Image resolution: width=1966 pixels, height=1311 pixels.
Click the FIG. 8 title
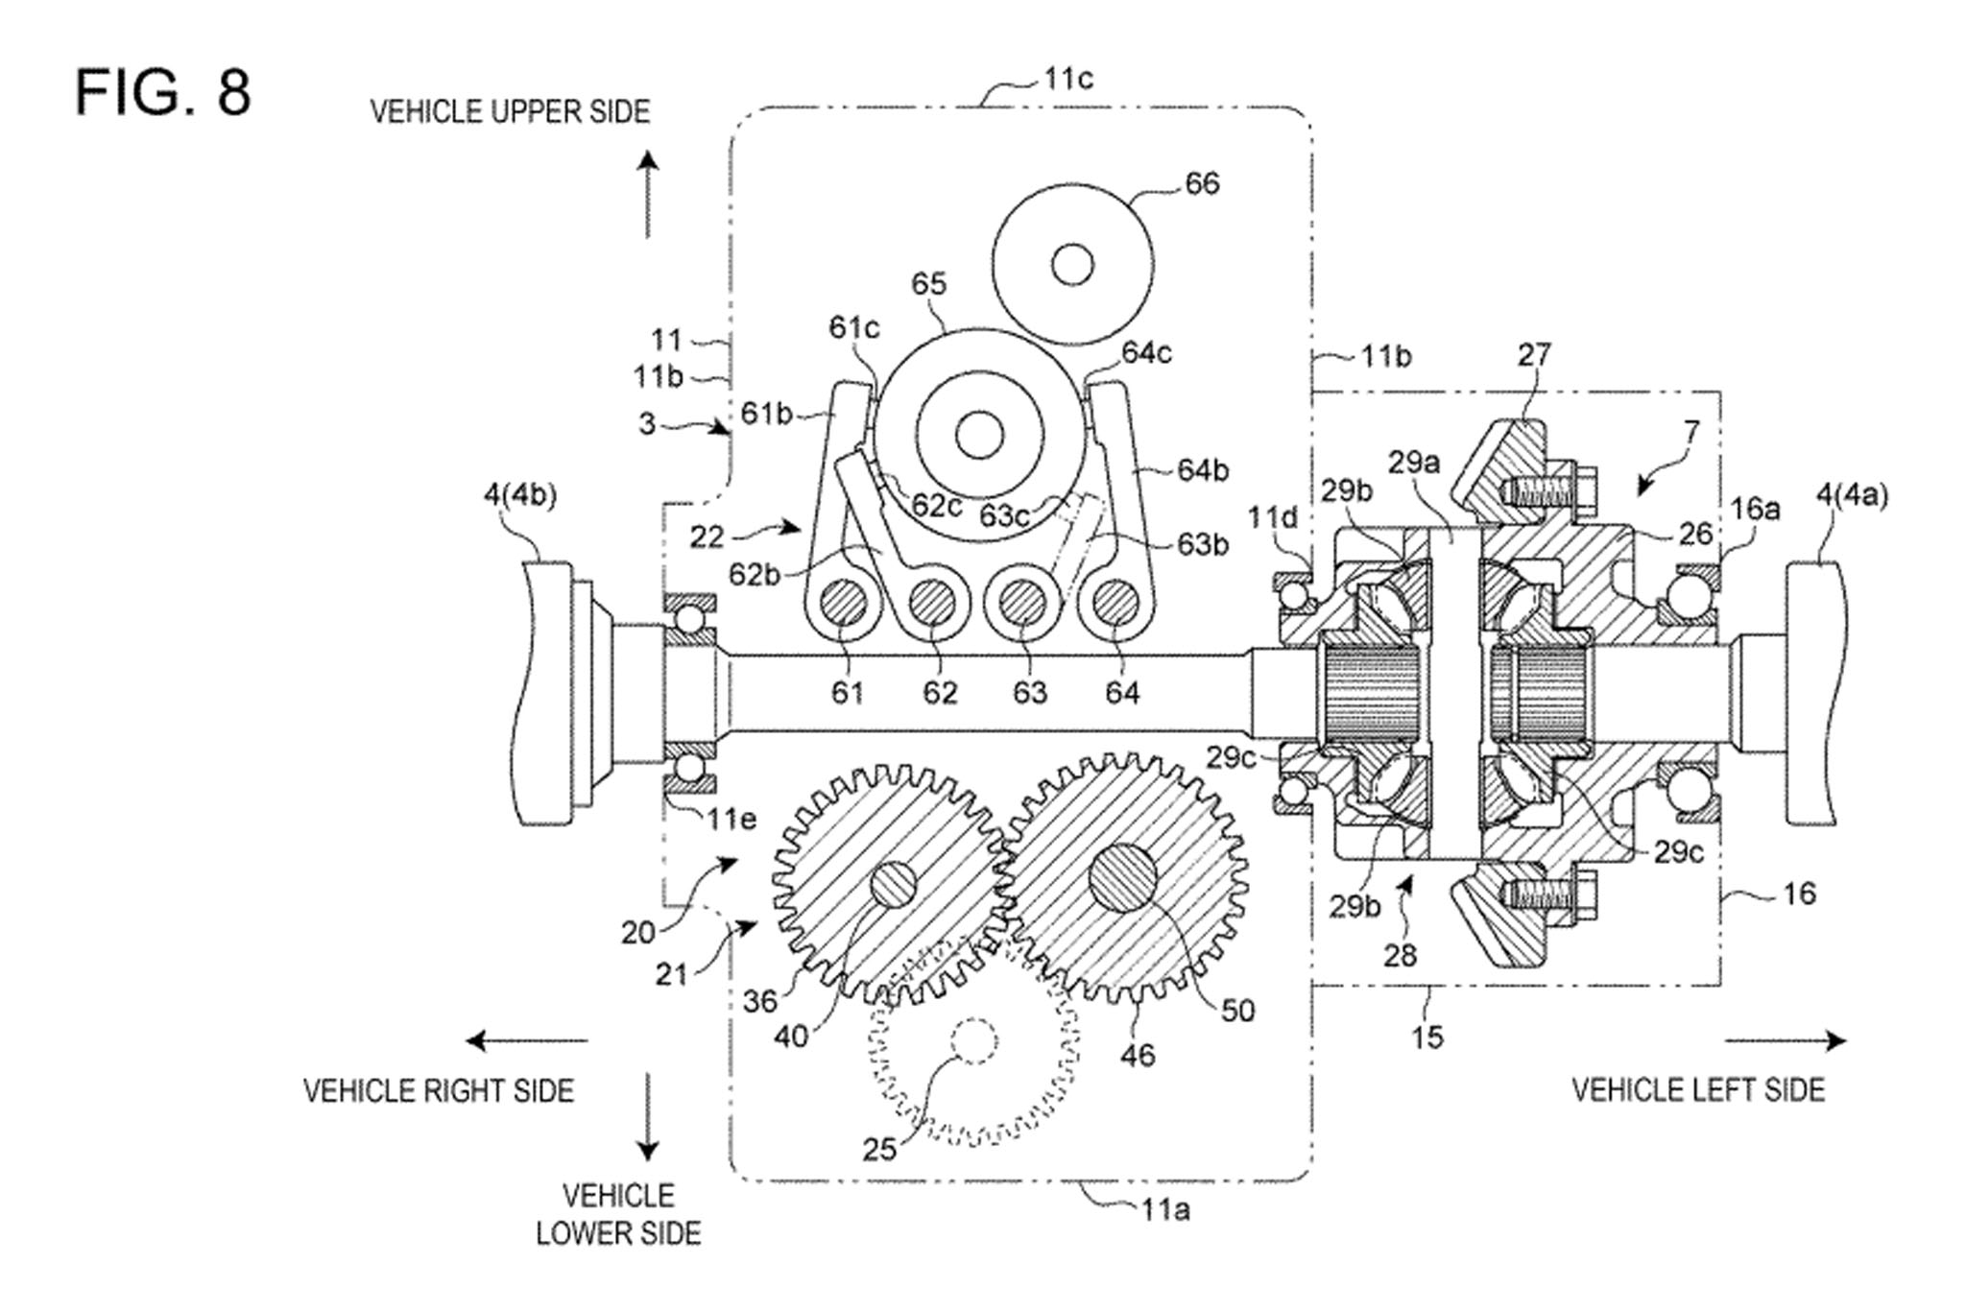(x=163, y=93)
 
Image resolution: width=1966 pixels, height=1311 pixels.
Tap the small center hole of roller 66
(x=1072, y=264)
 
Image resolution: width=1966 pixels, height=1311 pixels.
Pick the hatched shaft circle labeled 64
(x=1115, y=605)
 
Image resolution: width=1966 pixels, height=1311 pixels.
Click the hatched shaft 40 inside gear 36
(x=893, y=884)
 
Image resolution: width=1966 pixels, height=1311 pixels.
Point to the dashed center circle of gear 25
(x=973, y=1040)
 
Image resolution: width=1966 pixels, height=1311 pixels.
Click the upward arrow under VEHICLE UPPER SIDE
(x=649, y=194)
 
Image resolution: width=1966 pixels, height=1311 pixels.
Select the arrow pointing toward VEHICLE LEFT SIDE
(x=1786, y=1040)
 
